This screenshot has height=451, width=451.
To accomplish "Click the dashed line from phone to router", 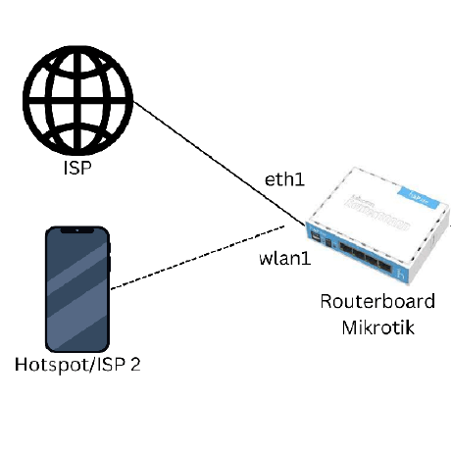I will click(196, 260).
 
